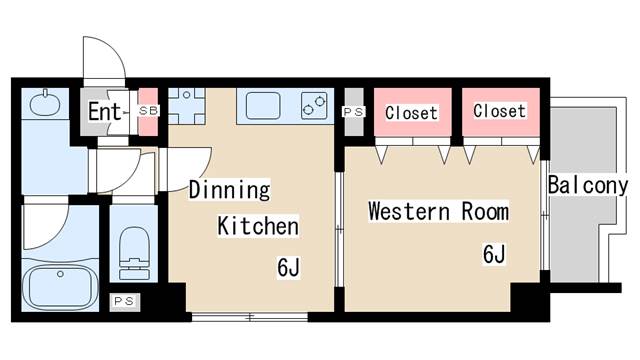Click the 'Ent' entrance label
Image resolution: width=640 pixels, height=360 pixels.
coord(104,111)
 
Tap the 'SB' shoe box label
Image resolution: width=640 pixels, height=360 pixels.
coord(148,110)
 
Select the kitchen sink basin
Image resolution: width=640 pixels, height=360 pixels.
coord(263,106)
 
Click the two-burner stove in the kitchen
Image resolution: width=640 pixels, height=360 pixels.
coord(314,106)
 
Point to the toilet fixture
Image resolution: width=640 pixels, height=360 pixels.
coord(134,253)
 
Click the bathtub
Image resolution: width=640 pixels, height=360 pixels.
coord(60,288)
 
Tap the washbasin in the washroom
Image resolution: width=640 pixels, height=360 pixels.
coord(45,102)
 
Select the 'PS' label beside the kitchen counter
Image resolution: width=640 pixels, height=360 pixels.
coord(353,112)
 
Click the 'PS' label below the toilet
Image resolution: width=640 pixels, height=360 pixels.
coord(124,302)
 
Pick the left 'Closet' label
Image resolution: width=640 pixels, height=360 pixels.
coord(411,113)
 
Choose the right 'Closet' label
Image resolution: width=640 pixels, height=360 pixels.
coord(499,111)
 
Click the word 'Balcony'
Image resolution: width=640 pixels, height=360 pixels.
coord(587,185)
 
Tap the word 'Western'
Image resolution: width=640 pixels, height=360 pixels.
coord(409,211)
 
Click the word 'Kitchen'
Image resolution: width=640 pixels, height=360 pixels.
coord(258,226)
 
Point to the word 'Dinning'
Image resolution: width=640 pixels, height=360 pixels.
coord(229,189)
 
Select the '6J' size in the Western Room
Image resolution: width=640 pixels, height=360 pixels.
coord(494,254)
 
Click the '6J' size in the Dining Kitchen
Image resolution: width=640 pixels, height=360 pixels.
coord(289,267)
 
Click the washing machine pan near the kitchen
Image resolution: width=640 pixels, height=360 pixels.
coord(187,106)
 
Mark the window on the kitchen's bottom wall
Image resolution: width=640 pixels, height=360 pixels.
coord(249,316)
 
